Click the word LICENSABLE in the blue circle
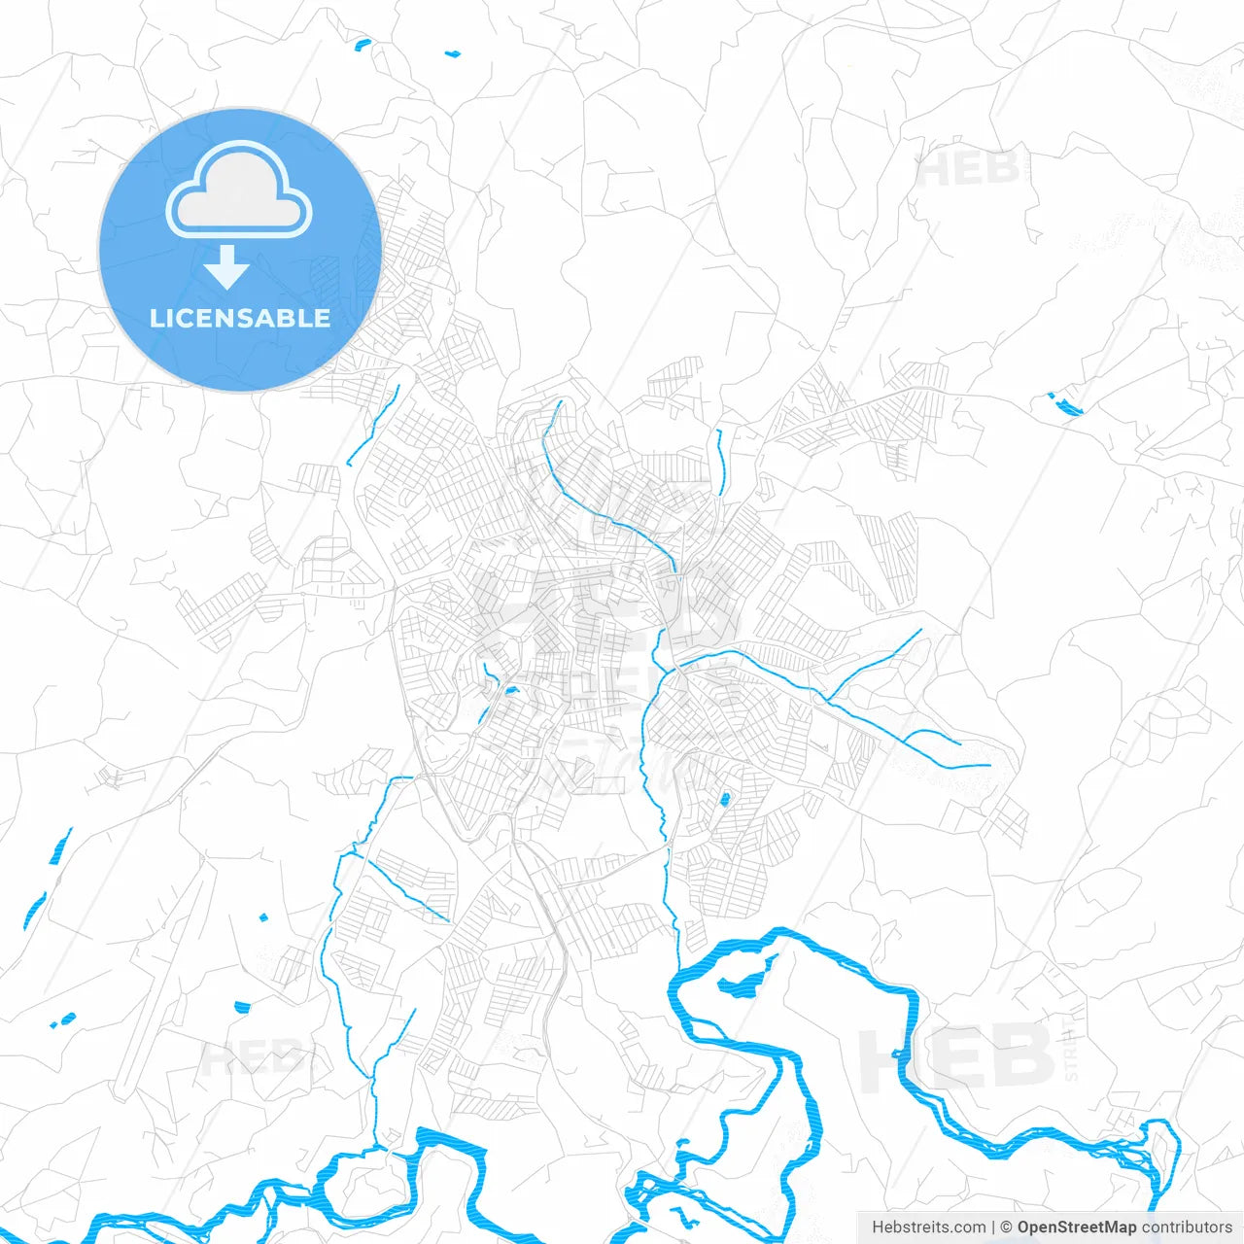pos(240,318)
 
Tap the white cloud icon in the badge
pos(239,190)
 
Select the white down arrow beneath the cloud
pos(227,266)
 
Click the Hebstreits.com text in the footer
pos(928,1227)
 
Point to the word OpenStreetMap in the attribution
pos(1076,1227)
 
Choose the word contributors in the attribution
pos(1186,1227)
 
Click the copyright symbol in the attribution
pos(1007,1227)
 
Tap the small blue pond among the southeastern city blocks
pos(724,800)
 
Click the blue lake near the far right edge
pos(1066,405)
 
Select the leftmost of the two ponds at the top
pos(363,44)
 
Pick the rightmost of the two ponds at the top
pos(453,53)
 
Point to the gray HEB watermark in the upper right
pos(968,169)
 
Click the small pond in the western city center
pos(509,691)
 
